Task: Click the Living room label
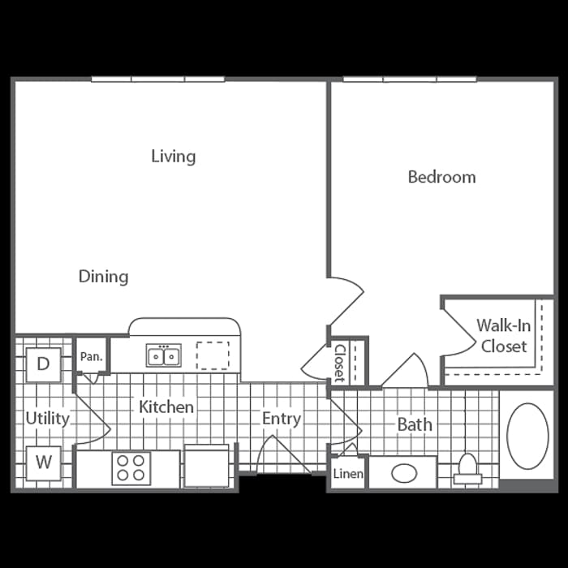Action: tap(173, 156)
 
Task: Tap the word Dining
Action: tap(103, 277)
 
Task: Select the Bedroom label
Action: tap(441, 177)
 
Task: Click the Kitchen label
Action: tap(166, 407)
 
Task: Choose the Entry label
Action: tap(282, 419)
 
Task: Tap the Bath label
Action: tap(414, 424)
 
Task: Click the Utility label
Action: tap(47, 419)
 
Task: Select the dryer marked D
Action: tap(43, 364)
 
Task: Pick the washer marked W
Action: tap(44, 463)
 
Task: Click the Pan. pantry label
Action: tap(91, 356)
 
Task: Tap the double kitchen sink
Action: tap(163, 355)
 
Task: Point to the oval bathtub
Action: tap(527, 436)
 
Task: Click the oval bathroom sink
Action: tap(404, 472)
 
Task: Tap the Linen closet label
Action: tap(348, 474)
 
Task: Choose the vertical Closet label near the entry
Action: tap(339, 362)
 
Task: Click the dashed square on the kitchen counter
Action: tap(213, 355)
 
